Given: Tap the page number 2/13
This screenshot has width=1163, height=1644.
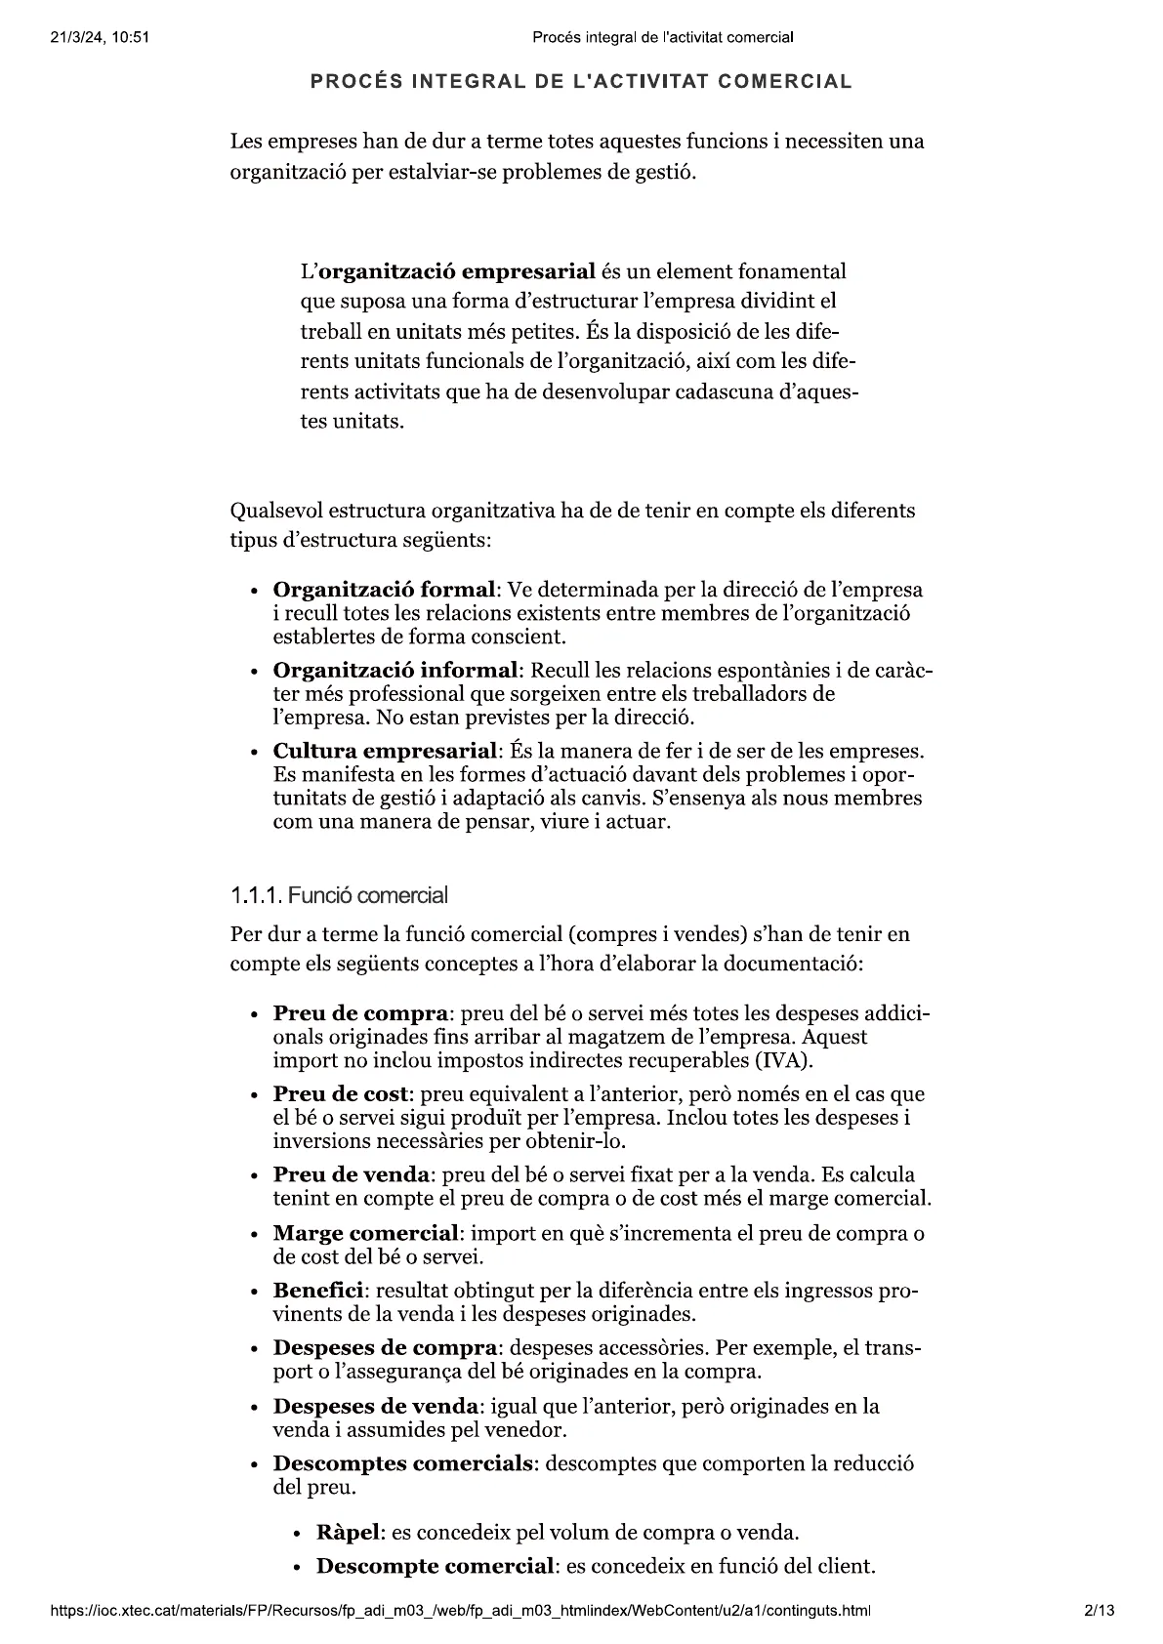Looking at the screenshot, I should pos(1099,1609).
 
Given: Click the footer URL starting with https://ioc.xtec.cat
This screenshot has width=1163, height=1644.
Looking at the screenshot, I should pos(460,1609).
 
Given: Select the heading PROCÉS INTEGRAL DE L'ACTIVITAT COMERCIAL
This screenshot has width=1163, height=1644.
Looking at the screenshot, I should pos(581,82).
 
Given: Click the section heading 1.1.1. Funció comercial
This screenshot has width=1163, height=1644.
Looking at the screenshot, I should pos(339,895).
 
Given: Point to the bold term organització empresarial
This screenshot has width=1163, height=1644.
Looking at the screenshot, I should pos(458,270).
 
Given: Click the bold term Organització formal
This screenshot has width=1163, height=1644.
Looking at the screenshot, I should pos(384,590).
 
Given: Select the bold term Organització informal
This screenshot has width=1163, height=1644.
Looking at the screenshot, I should pos(395,671).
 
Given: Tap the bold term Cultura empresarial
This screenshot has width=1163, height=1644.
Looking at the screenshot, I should pos(386,752).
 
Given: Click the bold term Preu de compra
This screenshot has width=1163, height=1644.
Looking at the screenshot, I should pos(359,1013).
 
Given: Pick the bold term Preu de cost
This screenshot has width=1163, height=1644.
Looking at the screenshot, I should pos(340,1094).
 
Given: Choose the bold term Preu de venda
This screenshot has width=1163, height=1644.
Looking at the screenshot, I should pos(351,1174).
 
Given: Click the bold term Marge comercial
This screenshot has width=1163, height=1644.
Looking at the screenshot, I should pos(365,1233).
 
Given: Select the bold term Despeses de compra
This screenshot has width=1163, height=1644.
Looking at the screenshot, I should pos(385,1348).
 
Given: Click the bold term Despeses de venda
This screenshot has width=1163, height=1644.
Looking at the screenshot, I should pos(376,1406).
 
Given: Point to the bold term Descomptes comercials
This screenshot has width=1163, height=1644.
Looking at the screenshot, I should pos(403,1464).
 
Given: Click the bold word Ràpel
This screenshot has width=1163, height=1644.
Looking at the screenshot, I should pos(347,1532).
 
